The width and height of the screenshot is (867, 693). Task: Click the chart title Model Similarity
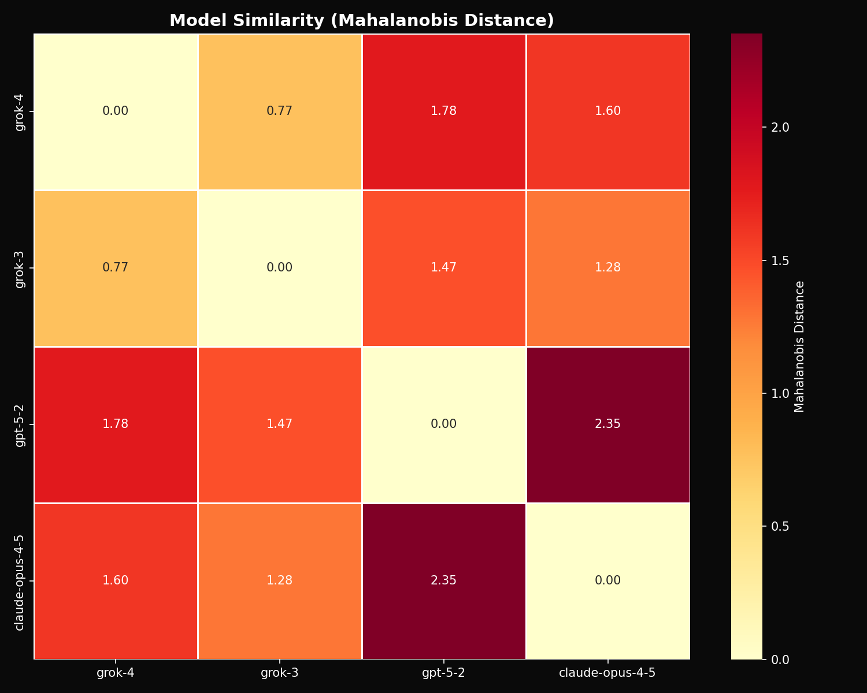click(x=361, y=20)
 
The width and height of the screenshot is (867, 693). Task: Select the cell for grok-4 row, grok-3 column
click(x=280, y=111)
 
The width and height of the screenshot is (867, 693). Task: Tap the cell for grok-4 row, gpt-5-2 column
click(x=444, y=111)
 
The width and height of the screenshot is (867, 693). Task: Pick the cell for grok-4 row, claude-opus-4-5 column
click(x=607, y=111)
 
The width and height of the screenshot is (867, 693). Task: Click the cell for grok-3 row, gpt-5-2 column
click(x=444, y=268)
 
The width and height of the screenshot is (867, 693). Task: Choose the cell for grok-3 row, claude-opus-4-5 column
click(x=607, y=268)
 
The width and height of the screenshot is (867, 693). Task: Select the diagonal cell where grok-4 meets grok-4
click(x=116, y=111)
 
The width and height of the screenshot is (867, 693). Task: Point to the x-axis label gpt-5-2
click(x=444, y=673)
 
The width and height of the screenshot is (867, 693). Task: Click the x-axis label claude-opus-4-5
click(x=607, y=673)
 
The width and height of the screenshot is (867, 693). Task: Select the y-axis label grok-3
click(x=20, y=268)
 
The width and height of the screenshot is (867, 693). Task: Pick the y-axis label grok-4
click(x=20, y=111)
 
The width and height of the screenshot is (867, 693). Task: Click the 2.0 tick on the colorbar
click(x=777, y=128)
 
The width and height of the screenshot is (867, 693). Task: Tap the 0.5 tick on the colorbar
click(x=777, y=526)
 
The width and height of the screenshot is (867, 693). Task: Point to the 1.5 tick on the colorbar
click(x=777, y=260)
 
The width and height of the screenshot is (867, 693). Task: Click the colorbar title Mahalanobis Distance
click(x=799, y=346)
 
